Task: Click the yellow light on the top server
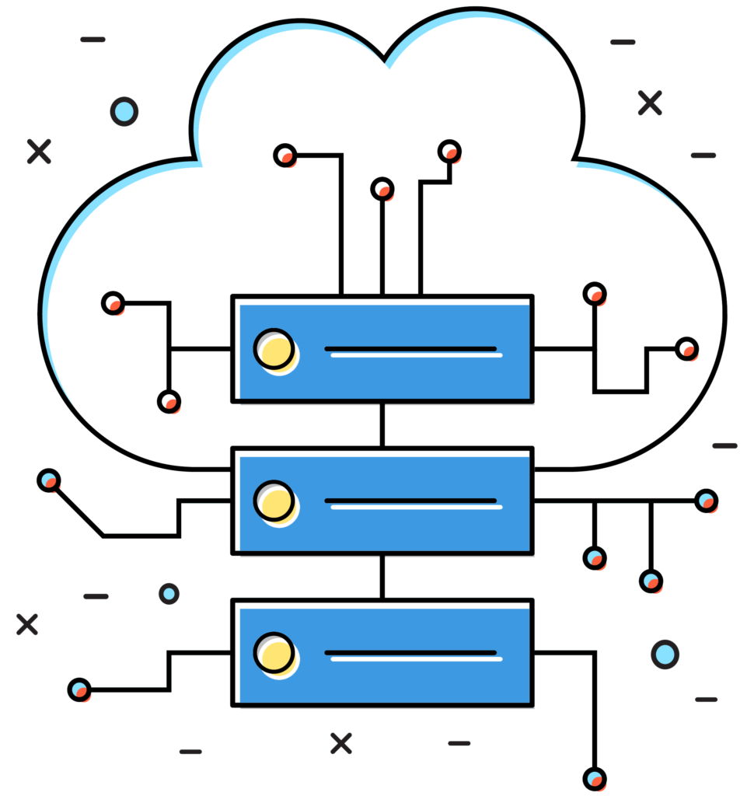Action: (274, 348)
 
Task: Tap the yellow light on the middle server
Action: (274, 500)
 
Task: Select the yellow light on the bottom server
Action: (274, 652)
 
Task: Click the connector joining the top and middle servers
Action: (382, 425)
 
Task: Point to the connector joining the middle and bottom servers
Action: (382, 577)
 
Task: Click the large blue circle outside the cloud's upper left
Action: (124, 111)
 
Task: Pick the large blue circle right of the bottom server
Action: (665, 654)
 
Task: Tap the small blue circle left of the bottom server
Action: (169, 594)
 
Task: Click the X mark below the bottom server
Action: (340, 743)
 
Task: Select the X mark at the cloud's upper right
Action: (650, 103)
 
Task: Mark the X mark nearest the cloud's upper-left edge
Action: (39, 152)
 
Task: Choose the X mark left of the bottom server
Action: (27, 623)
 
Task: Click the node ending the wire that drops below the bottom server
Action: (595, 778)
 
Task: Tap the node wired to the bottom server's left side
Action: (79, 689)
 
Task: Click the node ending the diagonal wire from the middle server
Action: (49, 480)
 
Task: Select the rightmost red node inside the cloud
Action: (686, 348)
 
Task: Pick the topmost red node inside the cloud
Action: (449, 151)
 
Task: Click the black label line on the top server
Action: (410, 348)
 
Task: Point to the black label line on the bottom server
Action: (410, 652)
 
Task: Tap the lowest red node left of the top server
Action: (169, 402)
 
